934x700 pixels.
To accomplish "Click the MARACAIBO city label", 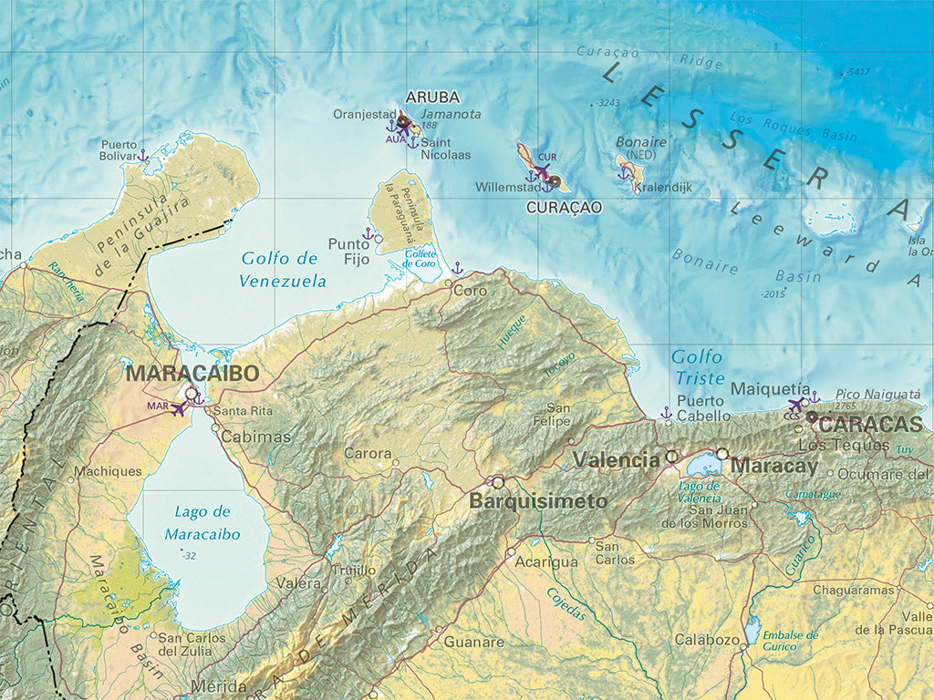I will [x=192, y=373].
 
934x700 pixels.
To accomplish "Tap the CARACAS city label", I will [x=870, y=425].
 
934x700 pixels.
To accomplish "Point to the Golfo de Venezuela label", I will [x=283, y=270].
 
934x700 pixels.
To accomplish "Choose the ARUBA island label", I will [x=432, y=98].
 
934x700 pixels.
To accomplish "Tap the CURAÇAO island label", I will [x=564, y=208].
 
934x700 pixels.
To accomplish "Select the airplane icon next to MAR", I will [x=179, y=409].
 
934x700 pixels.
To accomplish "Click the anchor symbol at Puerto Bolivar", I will [x=143, y=156].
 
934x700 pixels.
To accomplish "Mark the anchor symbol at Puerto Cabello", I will [x=666, y=413].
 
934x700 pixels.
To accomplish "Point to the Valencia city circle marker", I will [x=672, y=456].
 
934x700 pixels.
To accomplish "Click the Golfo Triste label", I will [x=698, y=366].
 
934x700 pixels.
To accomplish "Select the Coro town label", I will [x=471, y=292].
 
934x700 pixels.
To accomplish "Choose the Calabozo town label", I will [x=707, y=640].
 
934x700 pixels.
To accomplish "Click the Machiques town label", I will [x=108, y=471].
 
